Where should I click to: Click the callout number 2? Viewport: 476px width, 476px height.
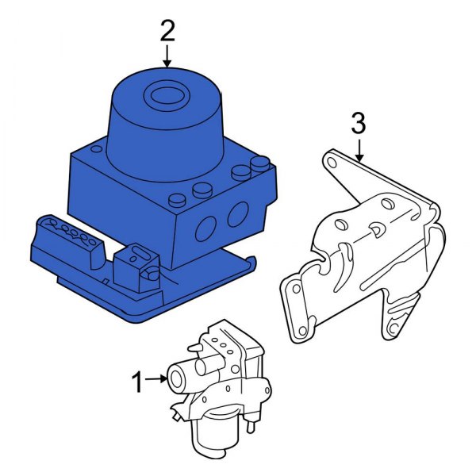click(x=167, y=31)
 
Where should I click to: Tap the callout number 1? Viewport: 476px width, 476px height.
click(x=137, y=383)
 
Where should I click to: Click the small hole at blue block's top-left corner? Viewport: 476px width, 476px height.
click(x=96, y=148)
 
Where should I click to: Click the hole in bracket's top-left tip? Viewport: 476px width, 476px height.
click(x=331, y=163)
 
